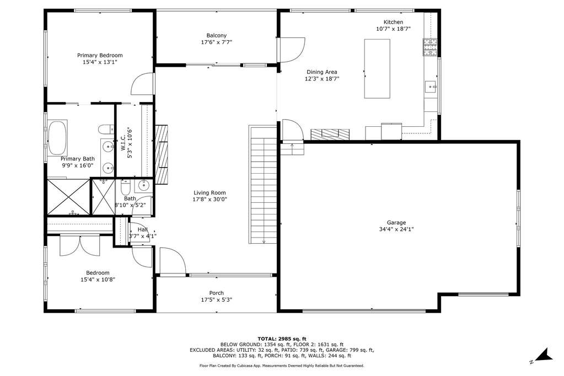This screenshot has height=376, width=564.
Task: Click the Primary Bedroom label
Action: tap(100, 56)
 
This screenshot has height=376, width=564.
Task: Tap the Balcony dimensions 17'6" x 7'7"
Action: tap(217, 42)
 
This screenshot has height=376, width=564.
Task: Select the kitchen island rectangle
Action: tap(377, 68)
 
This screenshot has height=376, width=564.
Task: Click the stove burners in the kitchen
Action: tap(430, 47)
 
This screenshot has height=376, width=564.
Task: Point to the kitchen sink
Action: tap(431, 87)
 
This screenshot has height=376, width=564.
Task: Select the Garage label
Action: tap(396, 223)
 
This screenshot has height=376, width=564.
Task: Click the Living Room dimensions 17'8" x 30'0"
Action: tap(210, 199)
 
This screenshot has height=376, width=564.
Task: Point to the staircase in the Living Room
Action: tap(264, 184)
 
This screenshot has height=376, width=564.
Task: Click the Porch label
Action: tap(217, 293)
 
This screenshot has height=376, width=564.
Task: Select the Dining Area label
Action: tap(322, 72)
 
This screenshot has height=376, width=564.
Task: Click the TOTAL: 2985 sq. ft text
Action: tap(282, 339)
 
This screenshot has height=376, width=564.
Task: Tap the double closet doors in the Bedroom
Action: tap(80, 245)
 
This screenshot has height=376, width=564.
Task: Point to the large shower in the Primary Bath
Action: tap(68, 197)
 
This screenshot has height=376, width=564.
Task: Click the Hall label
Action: tap(143, 229)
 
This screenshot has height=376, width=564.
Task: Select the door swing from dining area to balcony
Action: tap(291, 50)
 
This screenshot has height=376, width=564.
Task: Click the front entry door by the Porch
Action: tap(173, 261)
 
